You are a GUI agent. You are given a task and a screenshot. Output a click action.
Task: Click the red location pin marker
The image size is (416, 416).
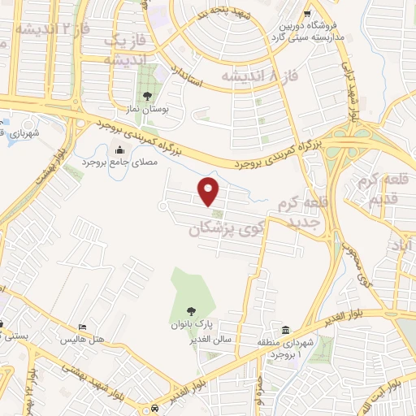210,191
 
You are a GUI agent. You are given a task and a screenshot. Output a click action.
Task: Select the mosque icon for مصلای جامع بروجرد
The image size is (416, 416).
121,149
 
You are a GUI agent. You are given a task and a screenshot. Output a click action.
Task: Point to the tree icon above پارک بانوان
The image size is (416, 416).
190,310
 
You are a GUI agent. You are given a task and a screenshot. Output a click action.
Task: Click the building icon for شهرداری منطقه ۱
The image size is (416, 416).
285,330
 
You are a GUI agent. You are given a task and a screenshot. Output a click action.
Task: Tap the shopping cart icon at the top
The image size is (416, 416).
307,14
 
